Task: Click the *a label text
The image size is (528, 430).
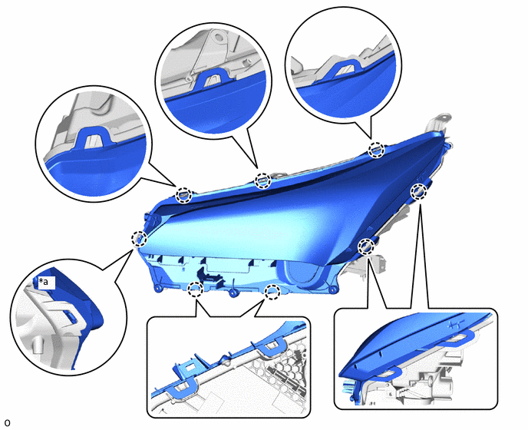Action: tap(44, 281)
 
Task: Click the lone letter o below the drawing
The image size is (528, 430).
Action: tap(8, 422)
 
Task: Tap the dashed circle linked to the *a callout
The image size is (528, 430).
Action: tap(139, 239)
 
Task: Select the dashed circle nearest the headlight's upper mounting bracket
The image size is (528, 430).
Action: tap(376, 150)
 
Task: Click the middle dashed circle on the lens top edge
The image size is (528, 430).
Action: tap(262, 181)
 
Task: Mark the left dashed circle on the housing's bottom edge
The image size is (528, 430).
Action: tap(195, 289)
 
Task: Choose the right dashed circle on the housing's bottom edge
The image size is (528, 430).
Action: tap(272, 292)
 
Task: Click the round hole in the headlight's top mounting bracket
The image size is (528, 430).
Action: tap(445, 118)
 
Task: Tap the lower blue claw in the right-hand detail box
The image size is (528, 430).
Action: tap(388, 372)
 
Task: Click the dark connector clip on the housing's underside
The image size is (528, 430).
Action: tap(210, 276)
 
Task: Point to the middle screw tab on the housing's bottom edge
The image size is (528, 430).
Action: tap(233, 293)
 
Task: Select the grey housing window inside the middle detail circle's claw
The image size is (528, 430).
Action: tap(212, 80)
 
